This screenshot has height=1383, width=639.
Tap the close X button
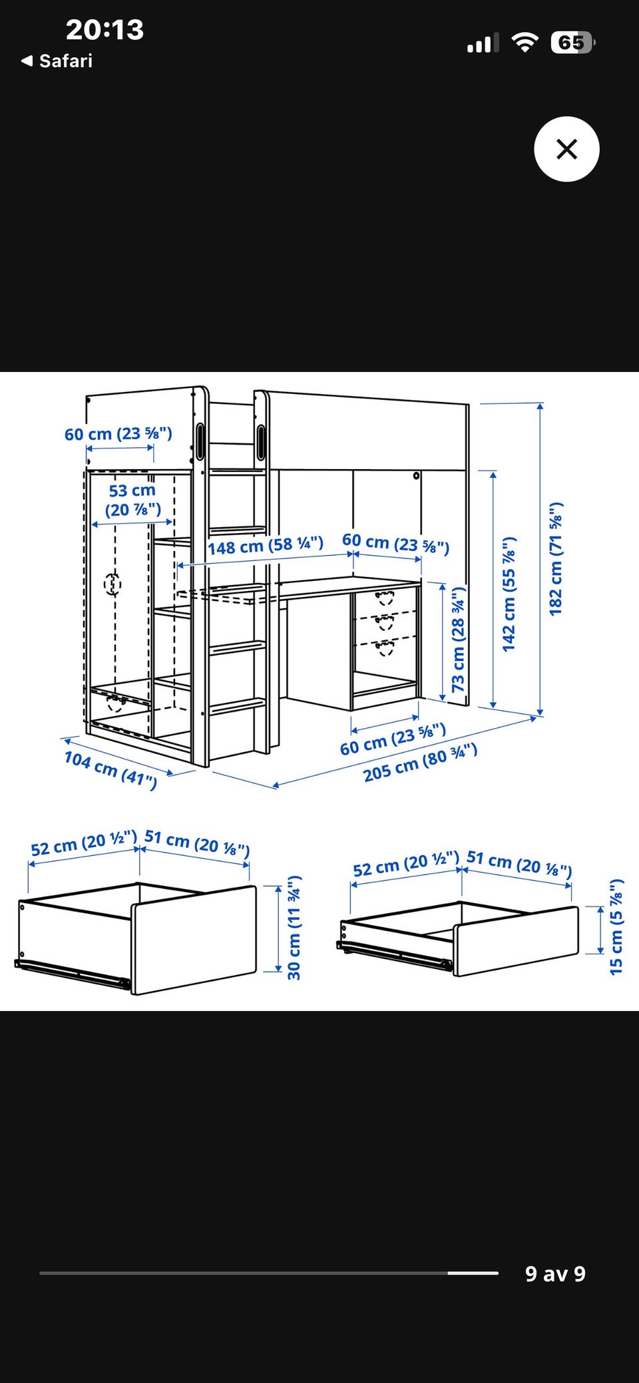coord(566,149)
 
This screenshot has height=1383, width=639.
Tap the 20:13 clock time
coord(105,30)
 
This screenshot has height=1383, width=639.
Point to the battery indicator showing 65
coord(572,43)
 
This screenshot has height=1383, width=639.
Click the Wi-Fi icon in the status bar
coord(525,43)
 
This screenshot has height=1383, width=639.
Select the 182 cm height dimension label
coord(556,558)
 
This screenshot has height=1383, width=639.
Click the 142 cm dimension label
coord(509,594)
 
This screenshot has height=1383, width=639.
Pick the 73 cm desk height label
coord(459,640)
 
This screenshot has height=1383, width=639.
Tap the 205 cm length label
coord(420,763)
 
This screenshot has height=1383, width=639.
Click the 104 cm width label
coord(110,769)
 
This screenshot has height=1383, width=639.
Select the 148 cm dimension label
coord(266,546)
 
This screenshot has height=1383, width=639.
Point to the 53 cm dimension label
coord(133,500)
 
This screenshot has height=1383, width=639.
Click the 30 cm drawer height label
coord(294,928)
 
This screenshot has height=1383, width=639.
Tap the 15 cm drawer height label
coord(616,927)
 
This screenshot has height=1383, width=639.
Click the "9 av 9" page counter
coord(555,1274)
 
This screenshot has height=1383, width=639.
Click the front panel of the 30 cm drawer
coord(194,940)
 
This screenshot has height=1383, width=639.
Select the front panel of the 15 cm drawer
coord(517,941)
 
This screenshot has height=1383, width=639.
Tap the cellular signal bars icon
coord(483,44)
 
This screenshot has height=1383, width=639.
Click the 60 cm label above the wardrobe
coord(118,434)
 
